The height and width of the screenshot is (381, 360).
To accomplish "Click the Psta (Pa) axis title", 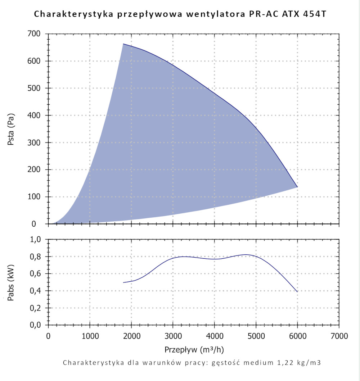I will click(x=10, y=129).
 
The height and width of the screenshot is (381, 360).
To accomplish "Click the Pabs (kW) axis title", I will click(x=10, y=282).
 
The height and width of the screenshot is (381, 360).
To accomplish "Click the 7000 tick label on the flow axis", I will click(x=339, y=336).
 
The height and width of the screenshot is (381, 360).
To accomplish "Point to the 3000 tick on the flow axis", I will click(x=173, y=336).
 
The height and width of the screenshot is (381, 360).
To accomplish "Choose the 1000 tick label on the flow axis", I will click(x=90, y=336).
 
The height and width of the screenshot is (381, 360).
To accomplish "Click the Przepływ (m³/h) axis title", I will click(x=196, y=349).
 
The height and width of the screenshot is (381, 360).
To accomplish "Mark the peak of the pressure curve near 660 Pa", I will click(x=123, y=44).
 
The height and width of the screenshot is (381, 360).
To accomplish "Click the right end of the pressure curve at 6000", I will click(x=297, y=187).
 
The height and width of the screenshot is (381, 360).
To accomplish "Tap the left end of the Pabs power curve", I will click(x=123, y=282).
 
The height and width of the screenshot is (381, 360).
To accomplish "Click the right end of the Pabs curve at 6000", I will click(x=297, y=292).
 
